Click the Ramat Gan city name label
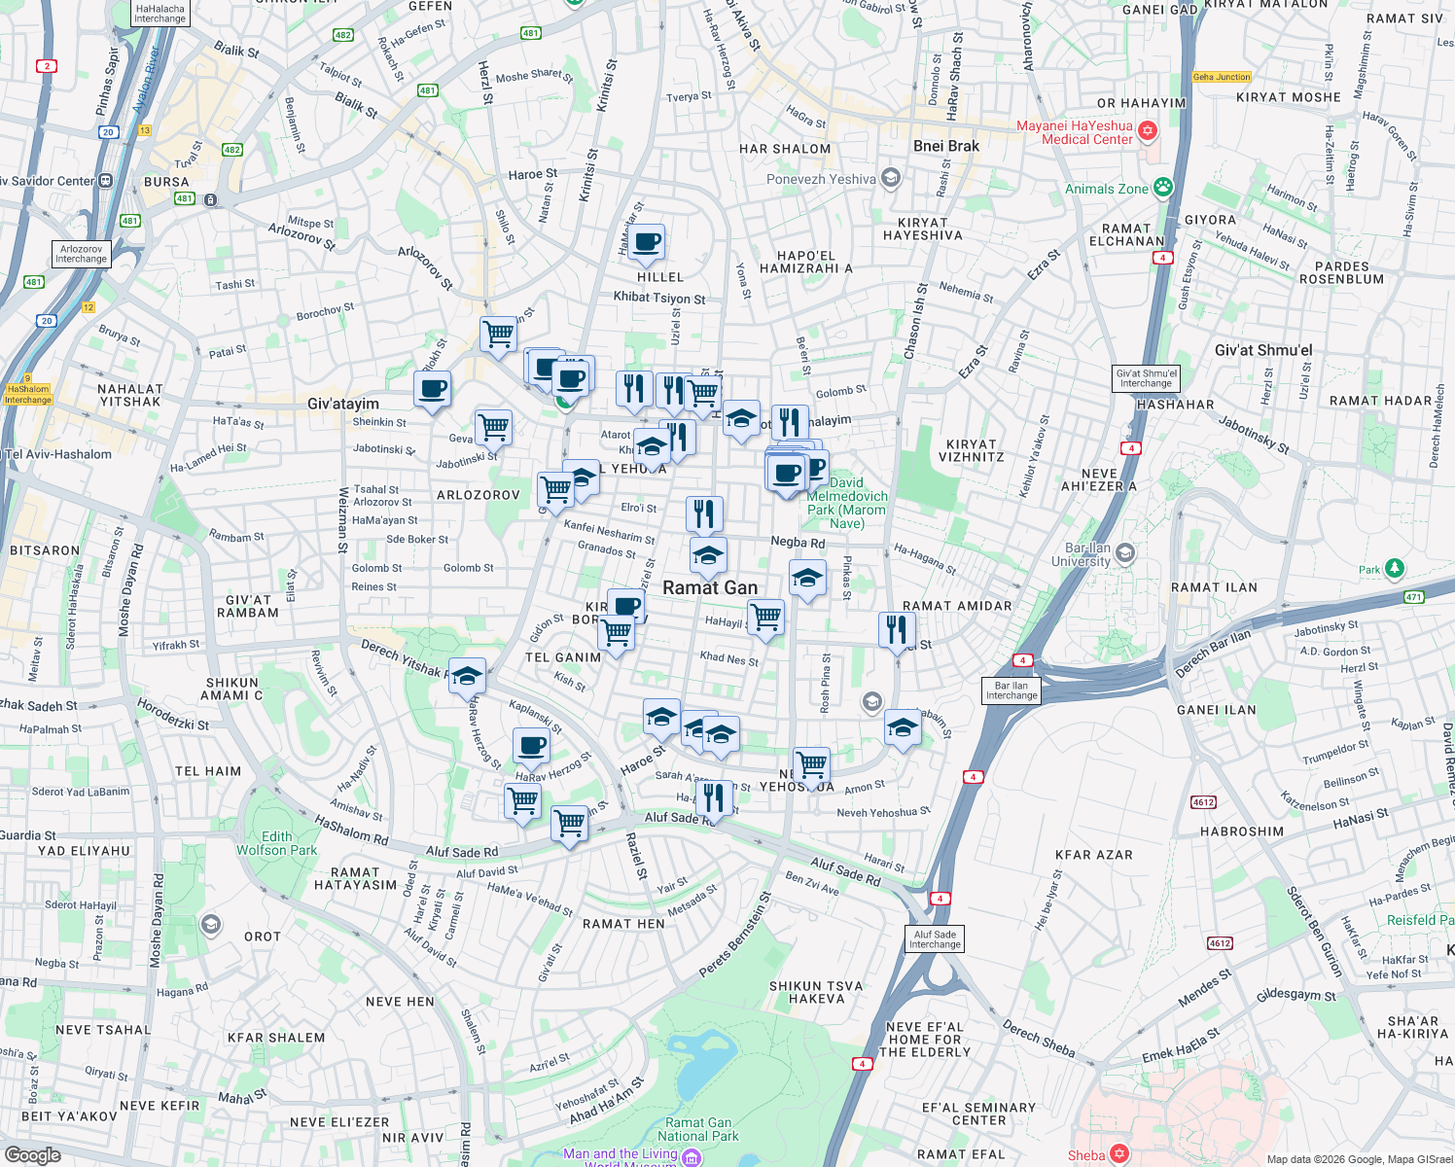point(710,587)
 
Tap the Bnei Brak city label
point(945,146)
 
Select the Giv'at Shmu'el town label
point(1262,350)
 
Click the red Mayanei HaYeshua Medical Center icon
point(1148,131)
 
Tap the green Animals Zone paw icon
point(1163,188)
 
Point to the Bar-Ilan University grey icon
point(1125,553)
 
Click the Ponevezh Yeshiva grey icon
point(891,178)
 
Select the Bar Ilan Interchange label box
point(1011,690)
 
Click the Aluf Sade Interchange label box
point(935,939)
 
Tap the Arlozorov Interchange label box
point(81,254)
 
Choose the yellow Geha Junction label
point(1222,77)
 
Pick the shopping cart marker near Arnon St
point(810,764)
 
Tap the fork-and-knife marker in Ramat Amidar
point(897,629)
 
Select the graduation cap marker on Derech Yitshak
point(467,675)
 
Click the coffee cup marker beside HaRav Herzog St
point(531,747)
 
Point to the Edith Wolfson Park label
point(276,843)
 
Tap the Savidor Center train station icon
point(105,181)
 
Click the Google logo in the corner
point(32,1154)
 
